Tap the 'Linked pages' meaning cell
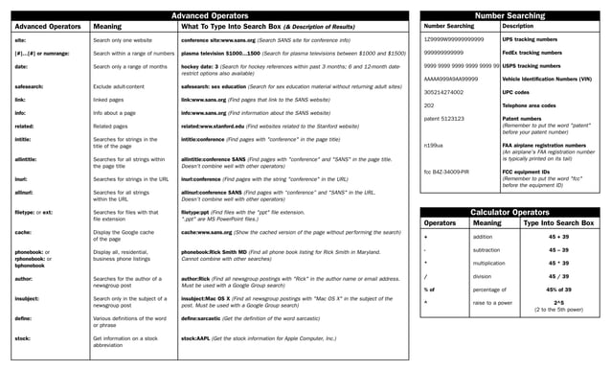coord(109,99)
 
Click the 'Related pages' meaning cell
coord(110,125)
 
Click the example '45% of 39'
coord(558,289)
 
